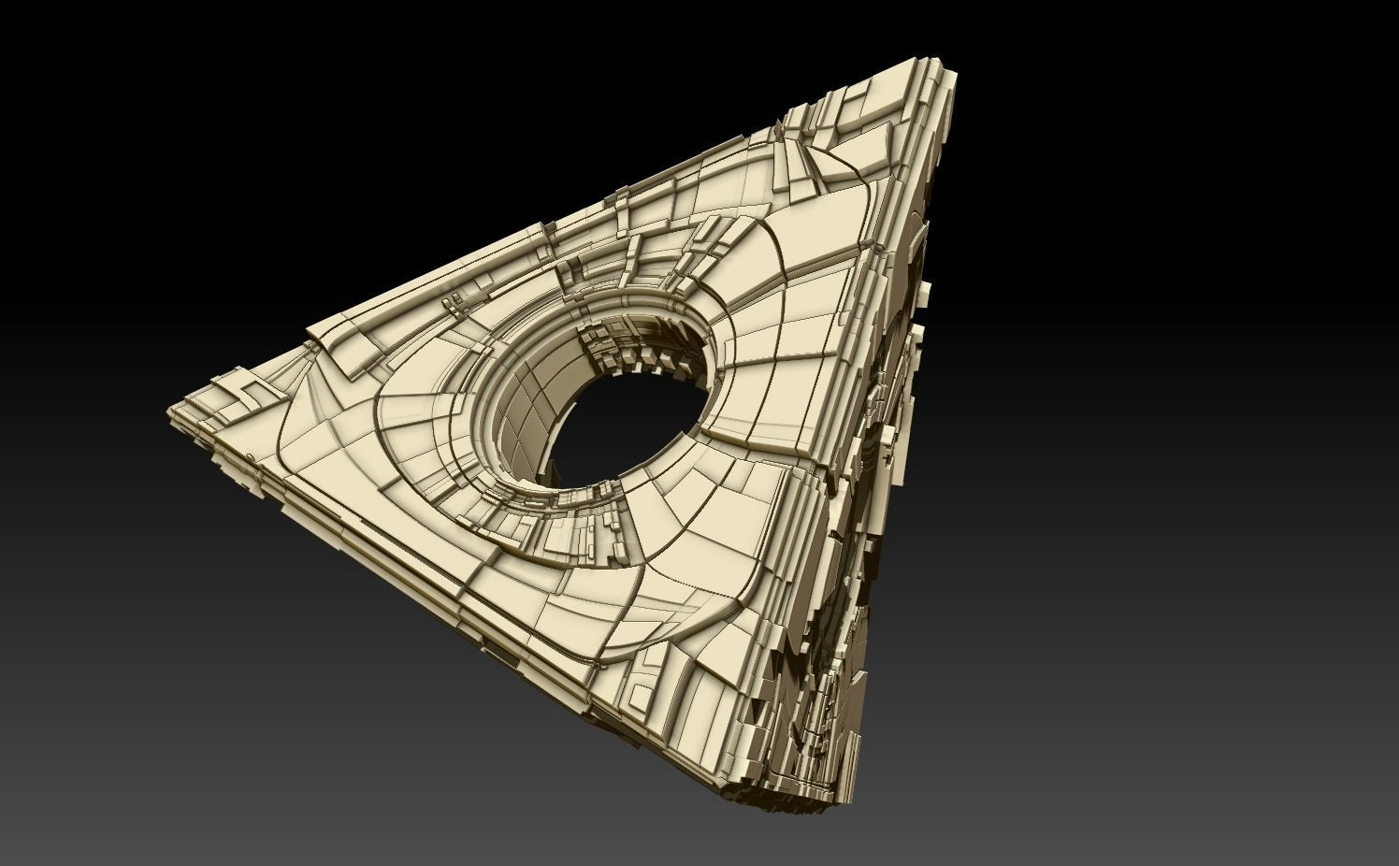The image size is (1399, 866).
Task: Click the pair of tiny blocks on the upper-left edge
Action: (453, 300)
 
